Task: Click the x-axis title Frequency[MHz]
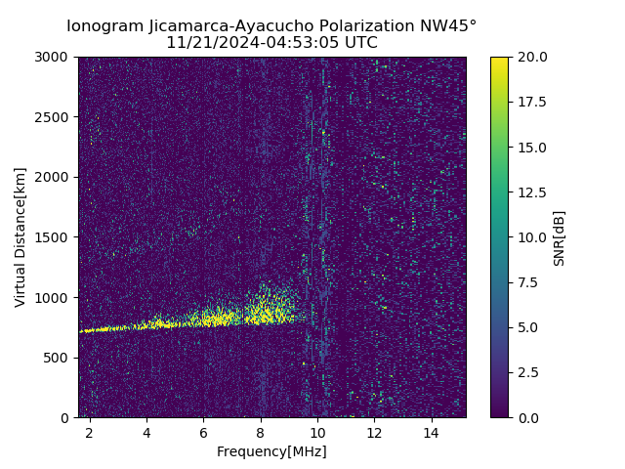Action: click(x=271, y=451)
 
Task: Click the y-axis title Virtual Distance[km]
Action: click(x=21, y=237)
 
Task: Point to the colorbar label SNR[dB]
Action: click(x=560, y=237)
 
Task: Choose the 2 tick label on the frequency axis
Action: click(x=90, y=432)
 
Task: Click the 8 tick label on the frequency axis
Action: click(x=261, y=432)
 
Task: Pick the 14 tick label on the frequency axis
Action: click(x=432, y=432)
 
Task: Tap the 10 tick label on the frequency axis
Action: click(x=317, y=432)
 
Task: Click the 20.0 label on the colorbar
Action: click(x=533, y=57)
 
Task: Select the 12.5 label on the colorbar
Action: click(x=533, y=192)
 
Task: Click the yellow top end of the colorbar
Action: click(x=499, y=60)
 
